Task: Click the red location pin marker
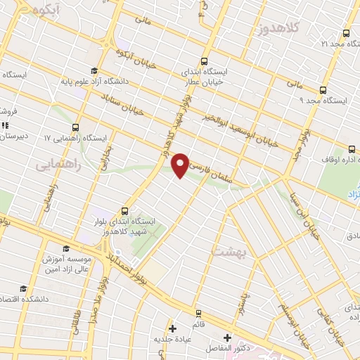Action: [181, 165]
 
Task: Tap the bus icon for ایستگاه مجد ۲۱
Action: [346, 33]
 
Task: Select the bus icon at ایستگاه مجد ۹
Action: [323, 90]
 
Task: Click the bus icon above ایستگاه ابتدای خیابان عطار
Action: [204, 61]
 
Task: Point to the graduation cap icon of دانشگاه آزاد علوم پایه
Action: [94, 69]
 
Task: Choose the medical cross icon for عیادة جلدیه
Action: [172, 328]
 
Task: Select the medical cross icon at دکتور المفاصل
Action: [226, 337]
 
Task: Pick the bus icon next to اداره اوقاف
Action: [351, 148]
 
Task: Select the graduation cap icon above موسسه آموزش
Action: [66, 248]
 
